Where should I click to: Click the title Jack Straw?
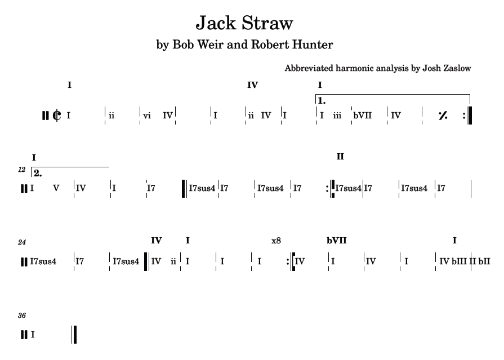244,23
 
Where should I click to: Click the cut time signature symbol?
57,115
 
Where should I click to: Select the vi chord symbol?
147,115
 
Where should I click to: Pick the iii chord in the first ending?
337,115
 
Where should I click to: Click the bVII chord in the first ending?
363,115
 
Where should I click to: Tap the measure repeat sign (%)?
443,115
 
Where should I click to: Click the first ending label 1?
322,101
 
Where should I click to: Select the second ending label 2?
38,173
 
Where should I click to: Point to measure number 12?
21,169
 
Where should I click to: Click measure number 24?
22,242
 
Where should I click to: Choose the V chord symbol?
56,188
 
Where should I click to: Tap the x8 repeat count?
276,241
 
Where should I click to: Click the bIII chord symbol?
460,261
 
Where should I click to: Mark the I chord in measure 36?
33,335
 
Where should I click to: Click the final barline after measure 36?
74,335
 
